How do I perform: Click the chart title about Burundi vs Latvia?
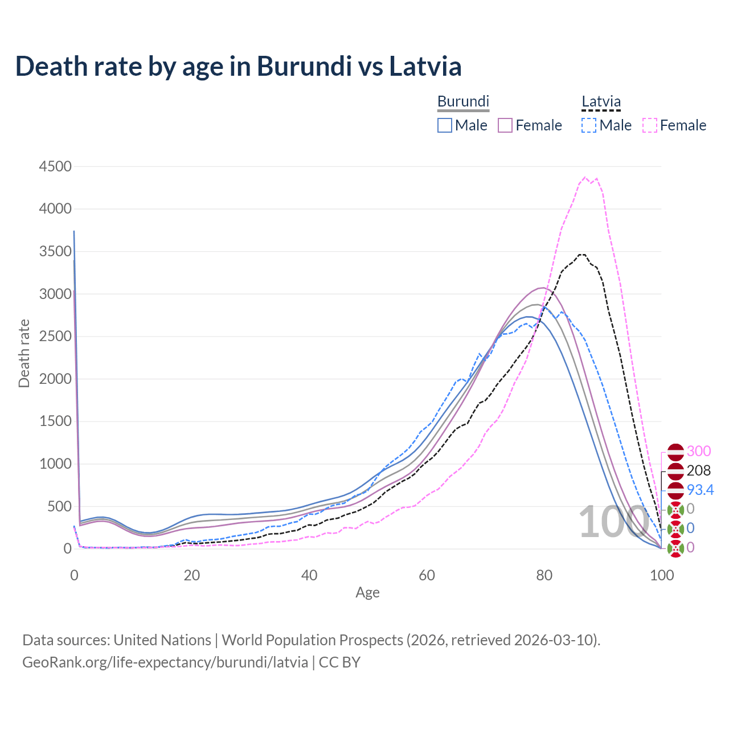(238, 66)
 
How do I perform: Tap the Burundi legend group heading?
(463, 101)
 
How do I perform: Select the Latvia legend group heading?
(601, 101)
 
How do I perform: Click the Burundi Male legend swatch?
(445, 125)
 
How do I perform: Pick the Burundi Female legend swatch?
(506, 125)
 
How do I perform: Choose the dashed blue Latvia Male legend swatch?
(589, 125)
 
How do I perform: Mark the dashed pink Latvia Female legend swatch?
(650, 125)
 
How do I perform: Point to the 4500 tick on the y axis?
(55, 166)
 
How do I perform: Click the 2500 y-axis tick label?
(55, 336)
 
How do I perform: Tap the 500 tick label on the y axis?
(59, 506)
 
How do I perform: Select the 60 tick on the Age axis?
(427, 575)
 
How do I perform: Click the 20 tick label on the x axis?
(192, 575)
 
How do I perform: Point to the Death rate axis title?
(24, 354)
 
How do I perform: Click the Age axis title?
(367, 592)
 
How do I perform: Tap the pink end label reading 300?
(699, 451)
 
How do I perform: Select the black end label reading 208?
(699, 470)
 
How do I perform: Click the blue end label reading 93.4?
(700, 490)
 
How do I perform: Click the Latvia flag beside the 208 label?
(675, 471)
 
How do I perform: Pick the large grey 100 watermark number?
(613, 522)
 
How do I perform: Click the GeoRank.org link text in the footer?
(165, 662)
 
